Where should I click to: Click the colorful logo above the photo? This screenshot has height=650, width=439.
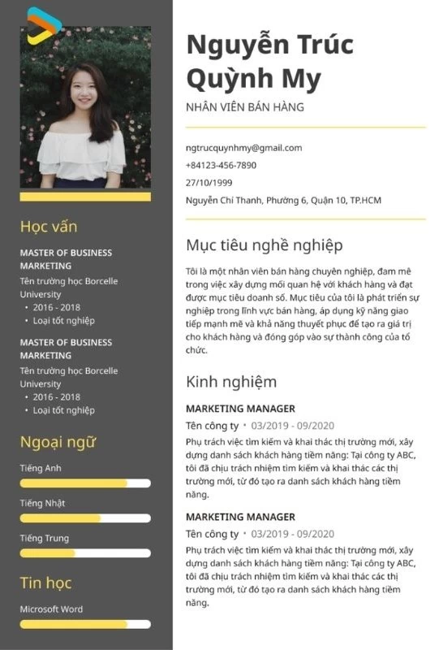pos(43,25)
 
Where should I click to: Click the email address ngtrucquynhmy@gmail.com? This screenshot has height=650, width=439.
pos(243,148)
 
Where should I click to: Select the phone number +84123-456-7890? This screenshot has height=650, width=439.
pos(221,165)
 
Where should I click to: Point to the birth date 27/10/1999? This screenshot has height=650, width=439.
pos(209,183)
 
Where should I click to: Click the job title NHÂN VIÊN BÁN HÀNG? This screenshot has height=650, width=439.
pos(244,107)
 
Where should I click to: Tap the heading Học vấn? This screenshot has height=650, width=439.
pos(49,226)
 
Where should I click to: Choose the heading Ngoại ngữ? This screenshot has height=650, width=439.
pos(58,442)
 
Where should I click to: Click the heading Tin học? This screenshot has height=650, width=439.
pos(45,583)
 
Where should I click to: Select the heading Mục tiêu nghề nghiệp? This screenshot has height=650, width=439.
pos(264,245)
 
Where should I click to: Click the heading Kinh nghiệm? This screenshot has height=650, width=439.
pos(231,382)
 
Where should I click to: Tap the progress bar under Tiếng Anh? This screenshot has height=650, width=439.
pos(85,483)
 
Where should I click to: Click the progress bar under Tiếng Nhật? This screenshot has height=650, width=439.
pos(85,518)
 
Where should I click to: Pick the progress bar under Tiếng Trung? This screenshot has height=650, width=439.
pos(85,553)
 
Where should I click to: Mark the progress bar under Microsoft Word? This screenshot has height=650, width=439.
pos(85,624)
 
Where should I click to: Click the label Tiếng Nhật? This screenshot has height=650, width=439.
pos(42,503)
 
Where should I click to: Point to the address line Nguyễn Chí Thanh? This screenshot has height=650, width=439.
pos(283,201)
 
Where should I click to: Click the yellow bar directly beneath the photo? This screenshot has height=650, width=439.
pos(85,197)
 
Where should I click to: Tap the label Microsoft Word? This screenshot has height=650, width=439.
pos(51,609)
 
